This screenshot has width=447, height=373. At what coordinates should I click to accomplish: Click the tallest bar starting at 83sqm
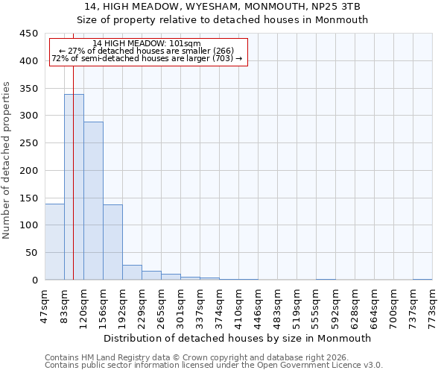(74, 186)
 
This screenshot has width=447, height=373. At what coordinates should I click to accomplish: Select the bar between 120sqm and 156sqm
(93, 201)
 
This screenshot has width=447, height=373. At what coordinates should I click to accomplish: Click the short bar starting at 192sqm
(132, 272)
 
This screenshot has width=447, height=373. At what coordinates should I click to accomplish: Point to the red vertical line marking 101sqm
(73, 149)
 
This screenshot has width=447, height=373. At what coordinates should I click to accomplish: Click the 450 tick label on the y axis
(29, 34)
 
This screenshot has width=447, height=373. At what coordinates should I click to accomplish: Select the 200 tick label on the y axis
(29, 170)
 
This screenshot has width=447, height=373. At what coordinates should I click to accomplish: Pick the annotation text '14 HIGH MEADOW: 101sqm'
(147, 43)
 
